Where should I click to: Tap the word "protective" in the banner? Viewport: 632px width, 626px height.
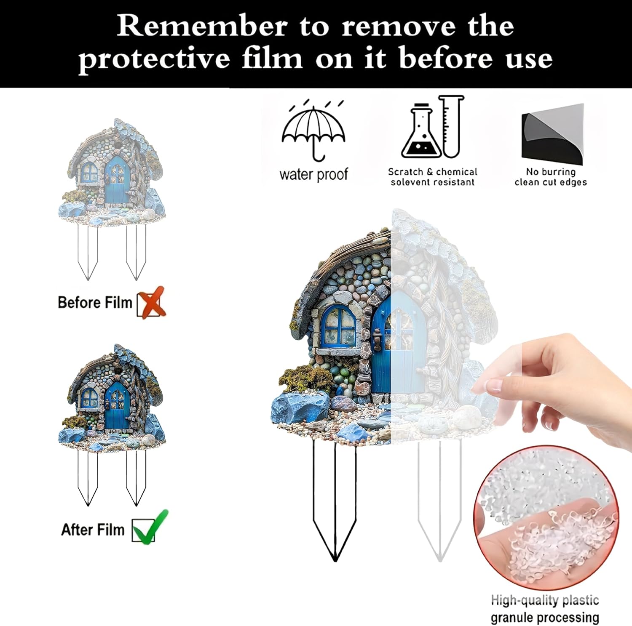coord(154,59)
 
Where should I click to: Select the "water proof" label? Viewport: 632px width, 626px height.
coord(314,174)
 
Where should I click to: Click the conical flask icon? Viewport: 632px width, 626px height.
coord(421,131)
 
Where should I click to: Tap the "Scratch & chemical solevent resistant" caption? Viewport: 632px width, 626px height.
coord(433,177)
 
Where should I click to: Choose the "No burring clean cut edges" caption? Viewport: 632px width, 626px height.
coord(551,177)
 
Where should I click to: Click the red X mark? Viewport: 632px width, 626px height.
coord(152,302)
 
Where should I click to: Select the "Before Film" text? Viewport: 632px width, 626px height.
coord(95,302)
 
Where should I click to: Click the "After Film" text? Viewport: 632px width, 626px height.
coord(93,529)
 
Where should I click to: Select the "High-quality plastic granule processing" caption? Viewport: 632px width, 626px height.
coord(545,609)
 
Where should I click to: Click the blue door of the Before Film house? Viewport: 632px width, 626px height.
coord(117,179)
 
